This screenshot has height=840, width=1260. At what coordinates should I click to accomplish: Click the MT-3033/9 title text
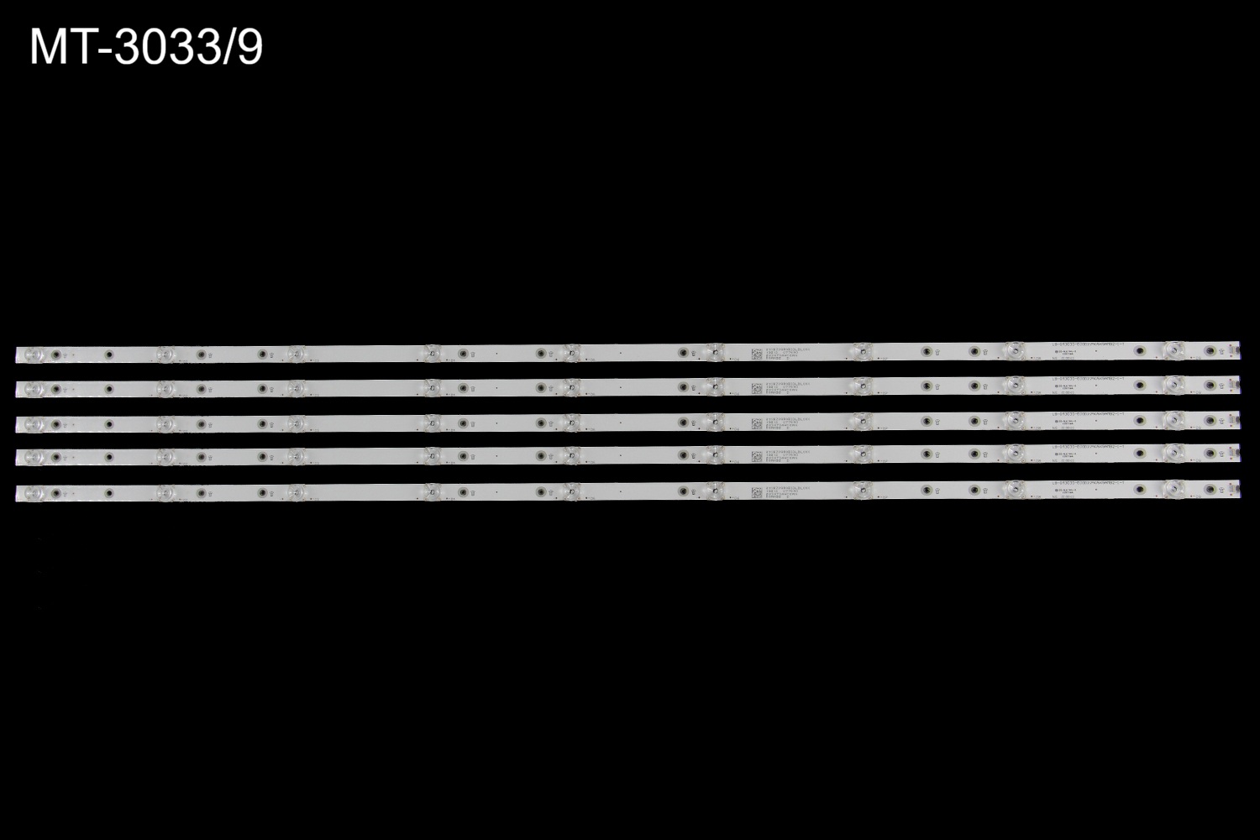click(x=146, y=48)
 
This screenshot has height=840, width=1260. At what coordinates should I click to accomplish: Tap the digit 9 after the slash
click(x=249, y=48)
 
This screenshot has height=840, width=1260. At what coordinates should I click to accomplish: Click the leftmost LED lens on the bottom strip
click(x=34, y=492)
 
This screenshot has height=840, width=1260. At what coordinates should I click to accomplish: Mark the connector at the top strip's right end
click(x=1235, y=349)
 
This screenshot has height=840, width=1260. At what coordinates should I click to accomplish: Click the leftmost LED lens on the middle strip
click(x=34, y=423)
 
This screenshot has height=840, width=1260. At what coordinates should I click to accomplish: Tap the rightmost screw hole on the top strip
click(x=1210, y=350)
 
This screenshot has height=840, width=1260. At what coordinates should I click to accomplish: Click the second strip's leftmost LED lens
click(x=34, y=389)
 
